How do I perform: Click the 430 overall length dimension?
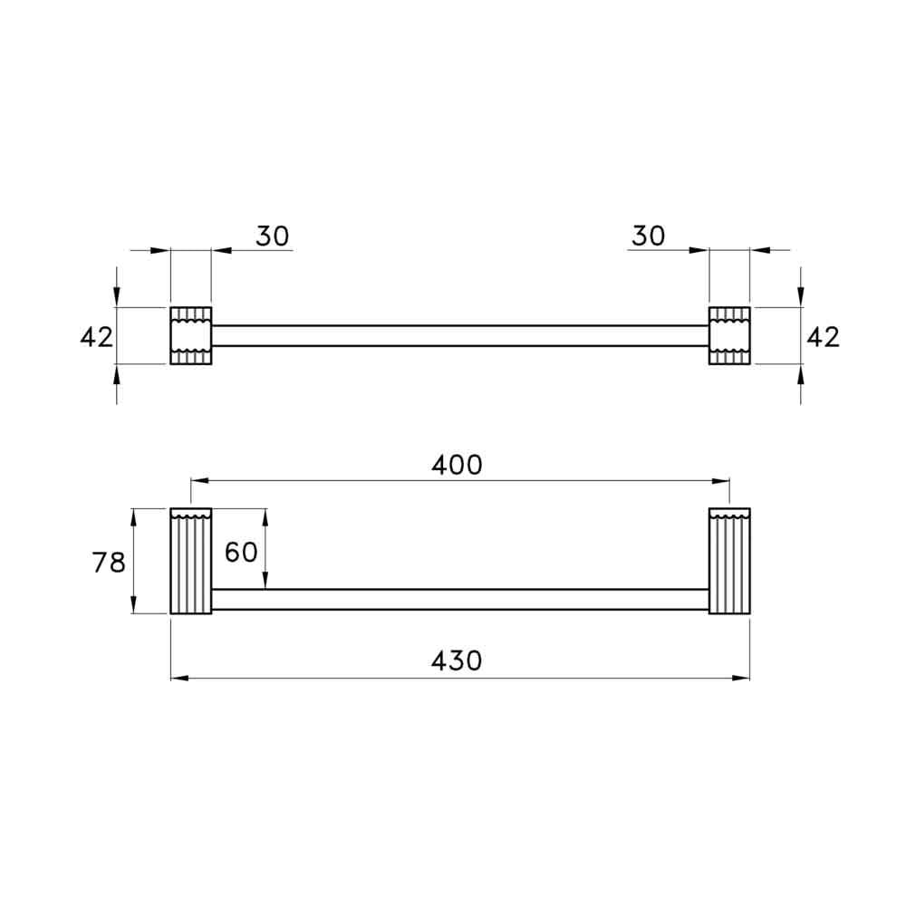[456, 661]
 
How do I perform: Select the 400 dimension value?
[457, 465]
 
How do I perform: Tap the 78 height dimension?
[109, 563]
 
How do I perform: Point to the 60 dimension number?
[241, 552]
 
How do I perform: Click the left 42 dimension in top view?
[97, 337]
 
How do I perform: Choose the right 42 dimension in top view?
[823, 337]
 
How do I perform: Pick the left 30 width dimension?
[272, 236]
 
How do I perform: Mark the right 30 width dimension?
[648, 236]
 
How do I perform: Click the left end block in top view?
[190, 336]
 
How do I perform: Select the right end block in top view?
[729, 336]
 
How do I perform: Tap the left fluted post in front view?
[190, 562]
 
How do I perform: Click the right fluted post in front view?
[729, 562]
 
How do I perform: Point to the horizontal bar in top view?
[459, 336]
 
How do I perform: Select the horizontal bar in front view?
[459, 599]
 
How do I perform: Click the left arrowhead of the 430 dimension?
[178, 677]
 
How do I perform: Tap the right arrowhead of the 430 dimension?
[742, 677]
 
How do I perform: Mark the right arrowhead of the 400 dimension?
[722, 481]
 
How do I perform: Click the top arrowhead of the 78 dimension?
[134, 516]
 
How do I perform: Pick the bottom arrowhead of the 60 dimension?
[265, 582]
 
